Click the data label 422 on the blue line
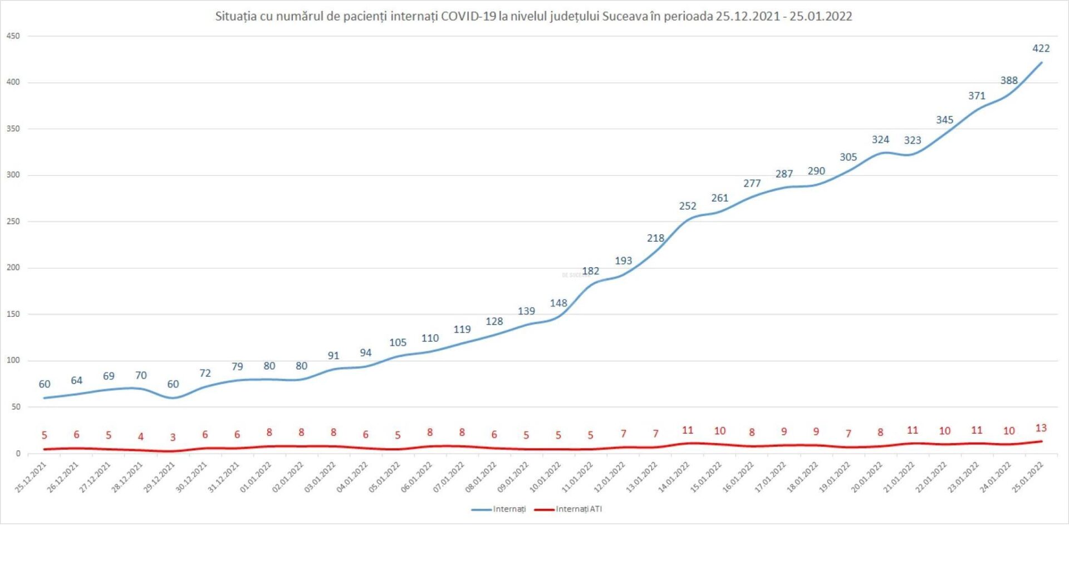click(1041, 48)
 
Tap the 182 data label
click(590, 271)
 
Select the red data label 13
click(1041, 428)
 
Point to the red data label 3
click(173, 438)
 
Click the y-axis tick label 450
click(13, 36)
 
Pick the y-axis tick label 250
click(13, 222)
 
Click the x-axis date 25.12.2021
click(31, 477)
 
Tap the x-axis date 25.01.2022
click(1028, 477)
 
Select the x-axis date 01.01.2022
click(256, 477)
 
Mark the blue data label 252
click(688, 206)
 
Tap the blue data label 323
click(912, 140)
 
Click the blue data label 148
click(558, 303)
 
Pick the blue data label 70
click(141, 376)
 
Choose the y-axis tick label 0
click(18, 454)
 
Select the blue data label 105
click(398, 343)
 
